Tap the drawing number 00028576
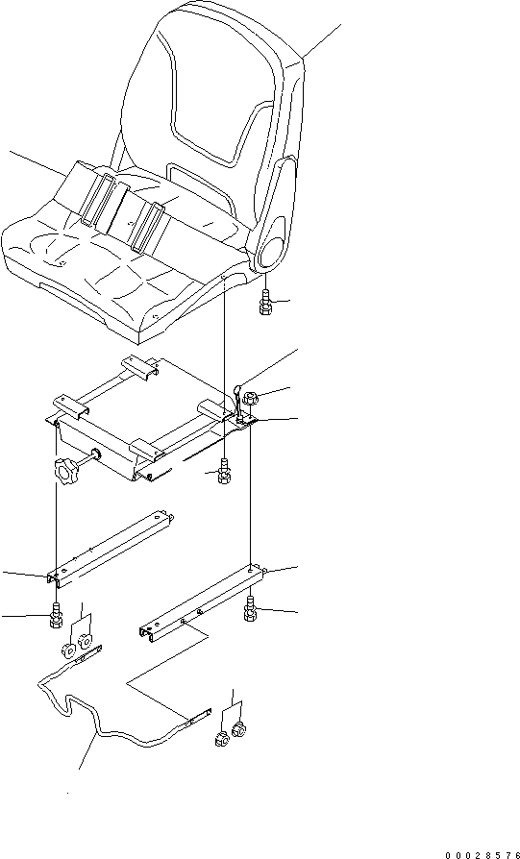point(482,854)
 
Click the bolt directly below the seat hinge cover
point(265,302)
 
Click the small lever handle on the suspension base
point(239,403)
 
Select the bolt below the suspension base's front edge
point(224,472)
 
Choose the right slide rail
point(203,602)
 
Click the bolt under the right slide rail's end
point(251,609)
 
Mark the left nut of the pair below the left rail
point(69,650)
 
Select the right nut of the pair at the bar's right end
point(238,729)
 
